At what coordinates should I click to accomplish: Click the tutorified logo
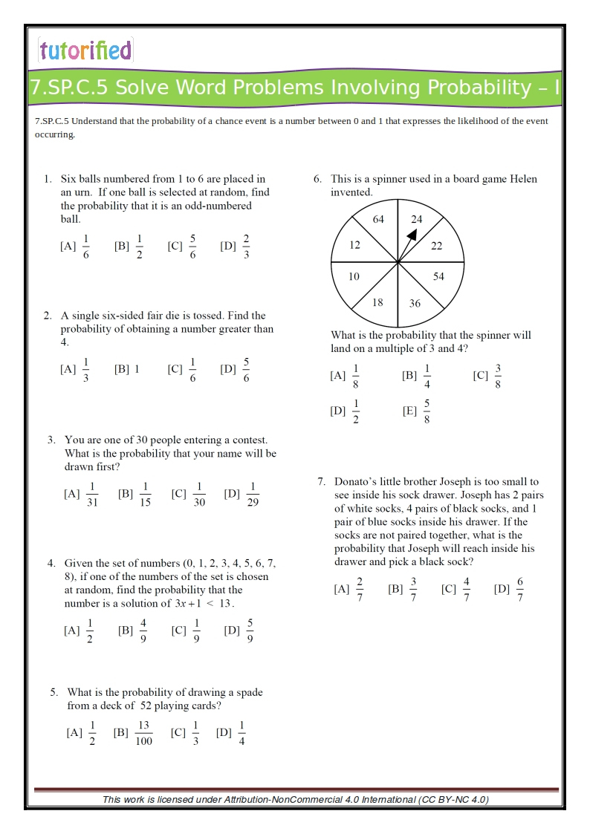coord(85,51)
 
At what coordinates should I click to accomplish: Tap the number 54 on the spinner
coord(438,276)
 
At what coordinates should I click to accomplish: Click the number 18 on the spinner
coord(377,302)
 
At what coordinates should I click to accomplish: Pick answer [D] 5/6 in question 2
coord(236,369)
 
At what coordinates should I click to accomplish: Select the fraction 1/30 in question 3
coord(199,495)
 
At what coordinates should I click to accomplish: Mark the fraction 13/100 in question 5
coord(143,733)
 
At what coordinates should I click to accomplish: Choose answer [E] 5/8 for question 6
coord(418,411)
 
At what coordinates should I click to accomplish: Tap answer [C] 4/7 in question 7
coord(457,590)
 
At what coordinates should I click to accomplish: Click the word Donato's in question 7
coord(358,482)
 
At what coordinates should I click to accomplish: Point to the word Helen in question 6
coord(522,179)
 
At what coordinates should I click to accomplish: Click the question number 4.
coord(51,563)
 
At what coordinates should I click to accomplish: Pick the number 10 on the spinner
coord(354,276)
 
